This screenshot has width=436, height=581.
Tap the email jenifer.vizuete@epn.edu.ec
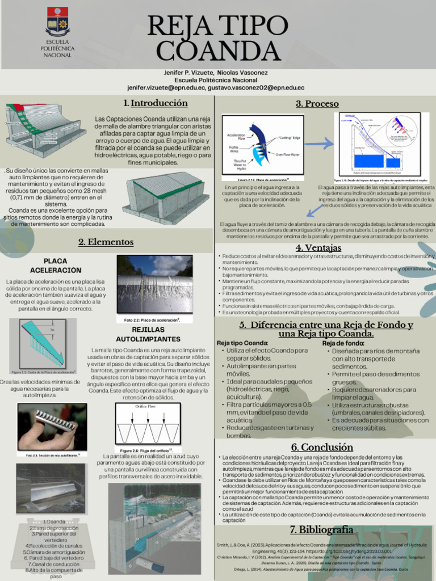(x=166, y=88)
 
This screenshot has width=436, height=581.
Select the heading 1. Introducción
(x=155, y=103)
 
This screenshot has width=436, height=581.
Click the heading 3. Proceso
(x=317, y=104)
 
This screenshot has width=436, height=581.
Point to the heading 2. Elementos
(x=106, y=242)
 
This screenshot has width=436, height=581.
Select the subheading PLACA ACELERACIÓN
(x=55, y=265)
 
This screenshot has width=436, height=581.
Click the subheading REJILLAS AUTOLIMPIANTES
(x=148, y=334)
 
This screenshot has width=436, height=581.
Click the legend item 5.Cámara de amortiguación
(x=54, y=551)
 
